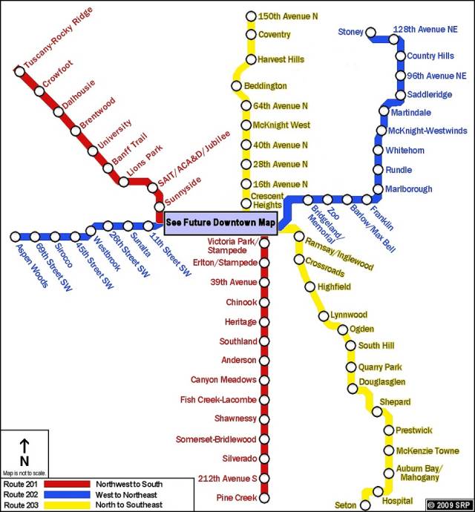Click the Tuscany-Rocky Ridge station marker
[20, 71]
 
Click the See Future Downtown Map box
[220, 221]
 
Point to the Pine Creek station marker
[263, 497]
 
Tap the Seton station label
[346, 505]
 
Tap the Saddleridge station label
[429, 95]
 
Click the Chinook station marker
[263, 303]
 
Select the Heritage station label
[241, 322]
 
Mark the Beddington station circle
[237, 87]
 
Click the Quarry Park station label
[380, 367]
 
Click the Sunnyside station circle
[159, 207]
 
